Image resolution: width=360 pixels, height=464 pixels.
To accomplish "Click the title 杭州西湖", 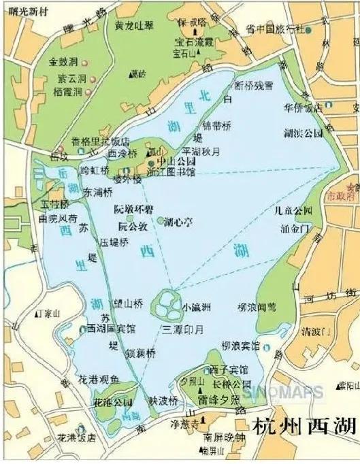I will (304, 427).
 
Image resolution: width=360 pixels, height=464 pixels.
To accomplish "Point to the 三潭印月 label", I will (183, 329).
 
